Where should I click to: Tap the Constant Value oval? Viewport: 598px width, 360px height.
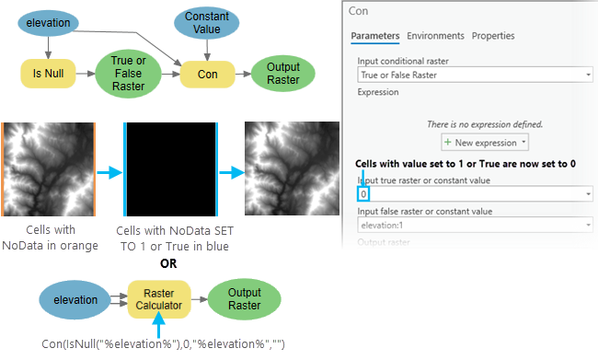coord(207,23)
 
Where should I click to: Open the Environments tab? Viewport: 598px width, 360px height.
coord(436,36)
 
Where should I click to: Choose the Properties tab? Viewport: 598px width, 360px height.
coord(493,36)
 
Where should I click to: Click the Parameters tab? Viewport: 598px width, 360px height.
coord(374,36)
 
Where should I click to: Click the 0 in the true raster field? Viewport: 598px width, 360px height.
coord(364,194)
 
